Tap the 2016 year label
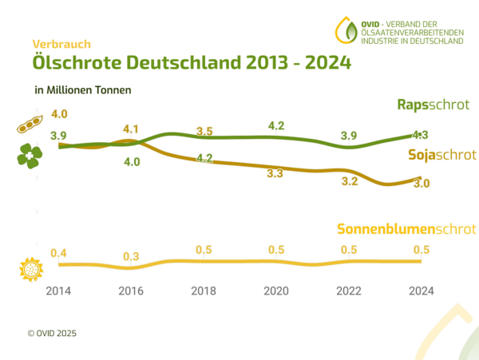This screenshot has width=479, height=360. point(132,290)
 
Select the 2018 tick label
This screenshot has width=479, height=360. point(204,290)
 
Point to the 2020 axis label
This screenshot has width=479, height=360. point(276,290)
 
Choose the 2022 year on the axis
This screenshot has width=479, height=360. point(349,290)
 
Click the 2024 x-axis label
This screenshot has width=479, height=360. point(421,290)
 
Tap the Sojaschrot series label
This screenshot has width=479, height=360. point(441,154)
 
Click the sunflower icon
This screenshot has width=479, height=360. point(30,269)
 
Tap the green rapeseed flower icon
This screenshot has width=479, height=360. point(29,155)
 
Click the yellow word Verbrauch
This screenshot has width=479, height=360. point(61,44)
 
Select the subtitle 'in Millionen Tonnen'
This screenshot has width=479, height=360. point(83,90)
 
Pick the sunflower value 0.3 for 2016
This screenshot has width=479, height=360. point(132,257)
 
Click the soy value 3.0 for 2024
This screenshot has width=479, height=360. point(422,184)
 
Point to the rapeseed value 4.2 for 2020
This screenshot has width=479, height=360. point(277,125)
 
